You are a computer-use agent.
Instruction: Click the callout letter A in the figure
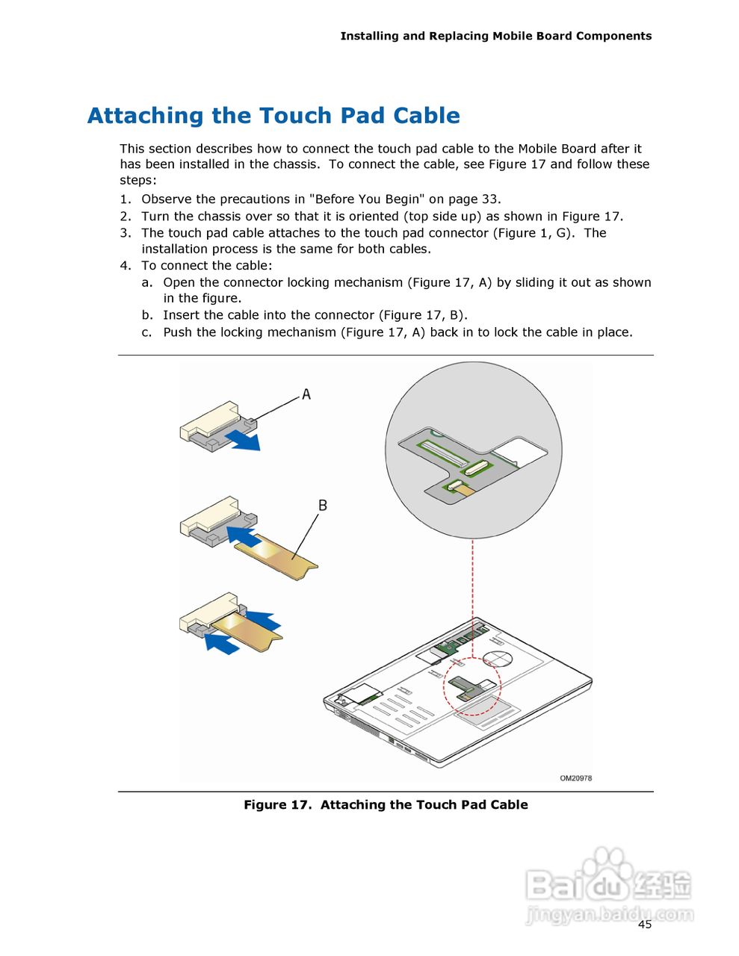[x=306, y=394]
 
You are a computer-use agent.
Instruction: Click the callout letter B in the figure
[x=323, y=506]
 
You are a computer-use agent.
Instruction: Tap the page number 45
[x=644, y=925]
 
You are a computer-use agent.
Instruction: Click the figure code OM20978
[x=575, y=778]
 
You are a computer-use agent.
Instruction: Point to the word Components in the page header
[x=613, y=36]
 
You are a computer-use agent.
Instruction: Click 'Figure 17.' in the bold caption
[x=276, y=804]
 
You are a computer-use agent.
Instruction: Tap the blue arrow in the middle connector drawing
[x=242, y=535]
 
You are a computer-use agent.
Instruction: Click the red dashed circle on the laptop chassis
[x=471, y=686]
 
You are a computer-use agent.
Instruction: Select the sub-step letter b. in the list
[x=147, y=315]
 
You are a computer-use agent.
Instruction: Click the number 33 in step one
[x=489, y=199]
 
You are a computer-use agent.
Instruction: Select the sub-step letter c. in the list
[x=147, y=332]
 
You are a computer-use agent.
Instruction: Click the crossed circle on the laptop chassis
[x=496, y=658]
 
